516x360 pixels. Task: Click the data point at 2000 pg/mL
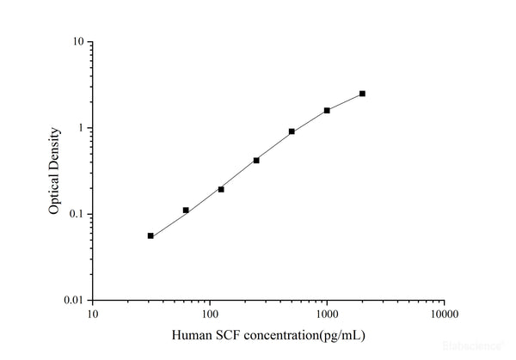tap(362, 94)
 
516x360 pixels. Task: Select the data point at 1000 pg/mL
tap(327, 110)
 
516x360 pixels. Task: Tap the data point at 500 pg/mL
tap(292, 131)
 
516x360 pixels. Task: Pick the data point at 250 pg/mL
tap(256, 160)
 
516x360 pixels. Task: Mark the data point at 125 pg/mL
tap(221, 189)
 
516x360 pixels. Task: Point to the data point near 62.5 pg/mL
tap(186, 210)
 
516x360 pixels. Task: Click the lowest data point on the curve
tap(150, 235)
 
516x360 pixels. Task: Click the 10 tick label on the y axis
tap(77, 42)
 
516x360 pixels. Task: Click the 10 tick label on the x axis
tap(92, 314)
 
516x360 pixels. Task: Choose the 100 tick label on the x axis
tap(209, 314)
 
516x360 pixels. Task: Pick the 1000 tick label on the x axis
tap(326, 314)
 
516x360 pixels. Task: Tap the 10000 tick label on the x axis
tap(443, 314)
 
